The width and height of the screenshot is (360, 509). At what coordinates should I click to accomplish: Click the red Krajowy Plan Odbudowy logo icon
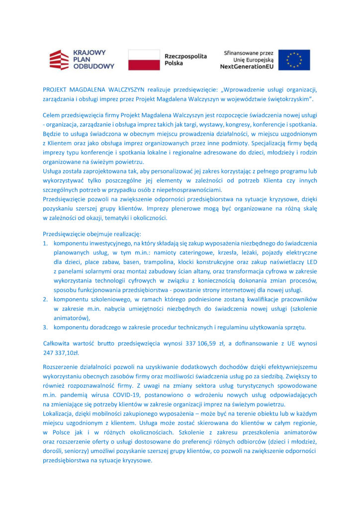[59, 60]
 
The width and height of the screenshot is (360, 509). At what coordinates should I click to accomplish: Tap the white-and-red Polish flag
[144, 60]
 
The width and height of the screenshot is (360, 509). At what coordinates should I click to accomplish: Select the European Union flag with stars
[294, 60]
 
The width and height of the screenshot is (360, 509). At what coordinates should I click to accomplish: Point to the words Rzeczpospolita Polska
[185, 60]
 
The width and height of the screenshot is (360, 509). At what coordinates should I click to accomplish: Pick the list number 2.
[44, 299]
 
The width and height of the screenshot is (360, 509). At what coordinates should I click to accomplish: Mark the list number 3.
[44, 327]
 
